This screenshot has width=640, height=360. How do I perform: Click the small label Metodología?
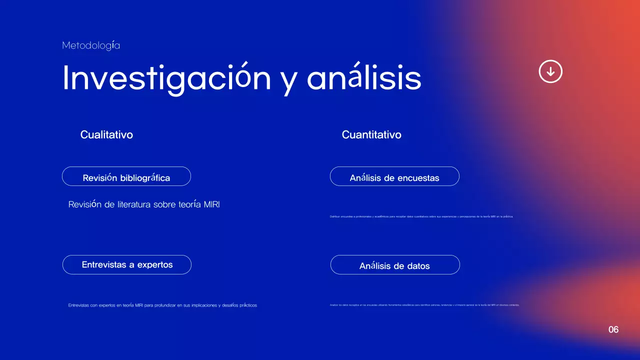pos(91,45)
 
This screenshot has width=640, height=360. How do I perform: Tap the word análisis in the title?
pos(364,78)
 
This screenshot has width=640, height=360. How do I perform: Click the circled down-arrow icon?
pos(550,71)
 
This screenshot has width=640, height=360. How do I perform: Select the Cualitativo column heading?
pos(106,134)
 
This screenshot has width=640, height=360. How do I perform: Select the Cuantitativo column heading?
pos(371,134)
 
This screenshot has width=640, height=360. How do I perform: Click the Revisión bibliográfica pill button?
pos(126,176)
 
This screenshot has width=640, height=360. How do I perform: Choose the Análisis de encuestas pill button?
pos(394,176)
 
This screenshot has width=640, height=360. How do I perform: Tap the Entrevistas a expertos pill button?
pos(127,264)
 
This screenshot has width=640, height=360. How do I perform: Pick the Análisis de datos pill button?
pos(395,265)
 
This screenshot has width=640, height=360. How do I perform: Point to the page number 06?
pos(613,329)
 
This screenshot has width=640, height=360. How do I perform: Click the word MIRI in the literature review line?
pos(212,204)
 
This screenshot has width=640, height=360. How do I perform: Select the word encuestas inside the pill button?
pos(418,177)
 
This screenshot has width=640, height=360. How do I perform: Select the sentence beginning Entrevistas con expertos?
pos(162,305)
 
